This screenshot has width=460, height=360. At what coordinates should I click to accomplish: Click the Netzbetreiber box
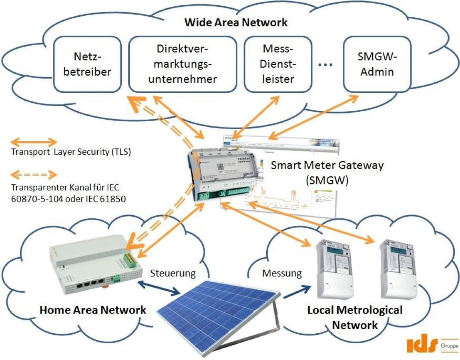(88, 64)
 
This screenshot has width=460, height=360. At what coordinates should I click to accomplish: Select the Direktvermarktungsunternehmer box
(182, 64)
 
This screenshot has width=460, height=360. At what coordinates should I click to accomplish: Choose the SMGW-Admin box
(377, 64)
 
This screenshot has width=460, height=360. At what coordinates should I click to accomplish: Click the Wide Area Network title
(236, 22)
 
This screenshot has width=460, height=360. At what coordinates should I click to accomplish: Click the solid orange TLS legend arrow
(34, 142)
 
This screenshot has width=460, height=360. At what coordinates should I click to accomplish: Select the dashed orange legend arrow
(34, 175)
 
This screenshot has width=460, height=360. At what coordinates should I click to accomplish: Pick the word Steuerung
(173, 274)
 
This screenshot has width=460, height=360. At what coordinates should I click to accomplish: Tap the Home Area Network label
(93, 310)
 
